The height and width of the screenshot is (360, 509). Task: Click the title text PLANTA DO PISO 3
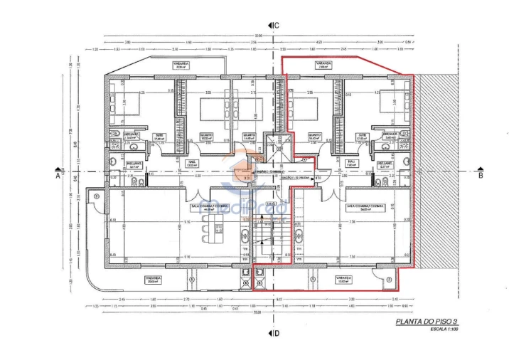click(427, 322)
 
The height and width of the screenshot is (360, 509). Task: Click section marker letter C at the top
click(276, 26)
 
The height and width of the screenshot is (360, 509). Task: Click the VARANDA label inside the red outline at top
click(323, 64)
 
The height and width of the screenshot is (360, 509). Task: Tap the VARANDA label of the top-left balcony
click(181, 64)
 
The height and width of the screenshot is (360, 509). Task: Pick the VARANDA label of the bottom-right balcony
click(343, 279)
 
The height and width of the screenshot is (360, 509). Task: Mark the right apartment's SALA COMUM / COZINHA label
click(365, 206)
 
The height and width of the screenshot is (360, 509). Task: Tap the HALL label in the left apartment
click(191, 162)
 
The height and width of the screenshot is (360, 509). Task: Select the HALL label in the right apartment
click(351, 162)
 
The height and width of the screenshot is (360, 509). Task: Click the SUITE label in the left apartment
click(160, 135)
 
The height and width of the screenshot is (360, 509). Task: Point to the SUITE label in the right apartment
click(363, 135)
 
